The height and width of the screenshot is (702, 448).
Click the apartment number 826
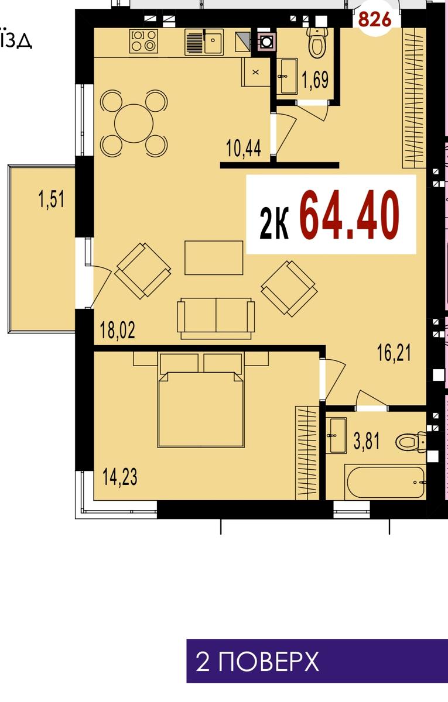(x=375, y=19)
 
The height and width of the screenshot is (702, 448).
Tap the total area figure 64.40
(x=350, y=215)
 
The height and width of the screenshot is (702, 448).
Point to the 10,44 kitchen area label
(x=244, y=148)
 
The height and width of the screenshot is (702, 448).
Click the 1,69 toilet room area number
(x=315, y=80)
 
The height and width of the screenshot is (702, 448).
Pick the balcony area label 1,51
(x=51, y=199)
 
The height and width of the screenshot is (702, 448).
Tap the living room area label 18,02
(x=117, y=331)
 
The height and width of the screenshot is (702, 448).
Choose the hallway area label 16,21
(x=394, y=353)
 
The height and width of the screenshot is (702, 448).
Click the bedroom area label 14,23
(x=120, y=477)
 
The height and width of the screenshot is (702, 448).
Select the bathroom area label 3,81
(x=367, y=441)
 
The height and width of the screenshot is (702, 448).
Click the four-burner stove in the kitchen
(x=143, y=41)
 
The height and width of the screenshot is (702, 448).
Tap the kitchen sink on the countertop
(x=204, y=42)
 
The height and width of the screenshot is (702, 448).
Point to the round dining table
(x=134, y=123)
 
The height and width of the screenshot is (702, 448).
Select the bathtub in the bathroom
(x=386, y=482)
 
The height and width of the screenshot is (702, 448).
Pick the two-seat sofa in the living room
(x=216, y=318)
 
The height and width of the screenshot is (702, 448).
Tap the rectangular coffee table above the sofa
(x=214, y=257)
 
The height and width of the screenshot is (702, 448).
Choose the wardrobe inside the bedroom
(x=307, y=453)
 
